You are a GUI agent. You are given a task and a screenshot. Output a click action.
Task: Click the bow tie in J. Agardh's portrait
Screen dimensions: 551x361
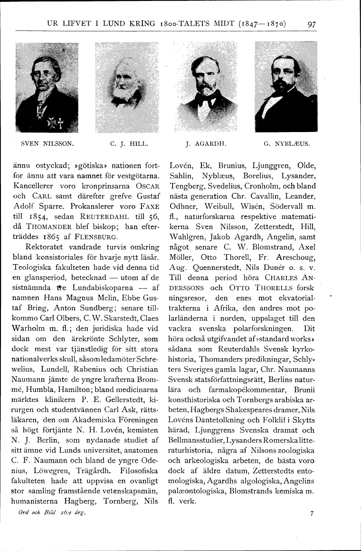click(x=205, y=99)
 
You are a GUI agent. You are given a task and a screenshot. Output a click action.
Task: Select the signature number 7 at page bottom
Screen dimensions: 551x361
click(x=312, y=513)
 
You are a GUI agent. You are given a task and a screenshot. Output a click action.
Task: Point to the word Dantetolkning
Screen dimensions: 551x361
click(x=218, y=420)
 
